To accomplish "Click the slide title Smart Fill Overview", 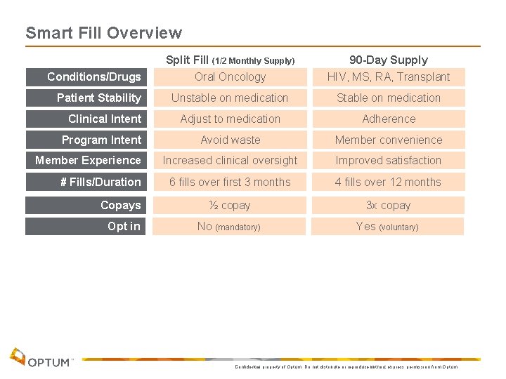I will [x=103, y=33].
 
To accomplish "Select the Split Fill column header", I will [x=230, y=60].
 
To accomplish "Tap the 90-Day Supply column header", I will [x=389, y=60].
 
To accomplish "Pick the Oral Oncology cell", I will [x=230, y=77].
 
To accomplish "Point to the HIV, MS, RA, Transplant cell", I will [x=389, y=77].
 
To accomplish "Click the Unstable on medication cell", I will [x=230, y=98].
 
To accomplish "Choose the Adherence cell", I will [x=389, y=119].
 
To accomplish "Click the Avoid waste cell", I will [x=230, y=140].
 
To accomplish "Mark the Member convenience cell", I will [x=389, y=140].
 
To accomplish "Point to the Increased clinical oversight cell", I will [x=230, y=160].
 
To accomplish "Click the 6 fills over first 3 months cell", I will [x=230, y=182].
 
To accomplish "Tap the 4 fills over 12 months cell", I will [x=389, y=182].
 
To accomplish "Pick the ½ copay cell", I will [x=230, y=205].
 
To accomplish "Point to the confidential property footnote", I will [x=345, y=366].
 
